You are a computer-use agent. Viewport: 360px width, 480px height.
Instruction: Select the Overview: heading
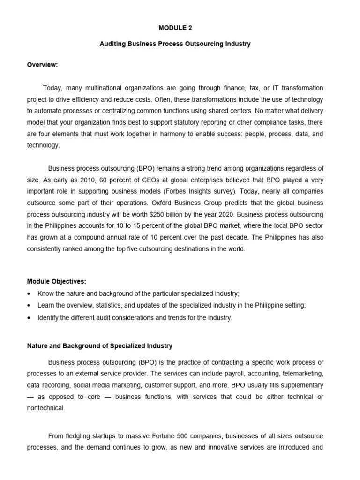pyautogui.click(x=42, y=65)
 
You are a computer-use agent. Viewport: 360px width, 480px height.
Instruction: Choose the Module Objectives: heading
pyautogui.click(x=57, y=282)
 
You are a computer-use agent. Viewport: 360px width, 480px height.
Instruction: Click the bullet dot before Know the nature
pyautogui.click(x=30, y=294)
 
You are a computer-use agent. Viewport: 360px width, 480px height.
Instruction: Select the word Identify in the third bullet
pyautogui.click(x=49, y=318)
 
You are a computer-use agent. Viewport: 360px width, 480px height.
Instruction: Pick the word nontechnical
pyautogui.click(x=45, y=408)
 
